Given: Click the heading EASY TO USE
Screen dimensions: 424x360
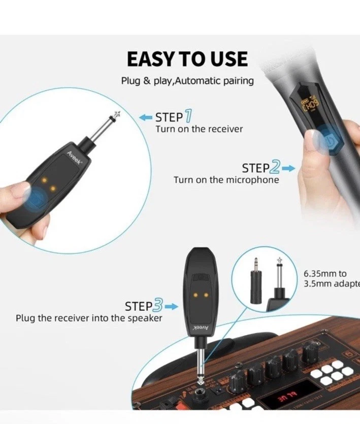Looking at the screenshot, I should [x=187, y=59].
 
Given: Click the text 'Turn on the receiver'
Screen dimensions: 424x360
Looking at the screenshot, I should [x=199, y=129].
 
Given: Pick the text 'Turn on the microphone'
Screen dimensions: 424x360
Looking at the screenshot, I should [x=226, y=180].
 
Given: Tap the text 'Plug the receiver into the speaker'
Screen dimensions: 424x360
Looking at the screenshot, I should [x=89, y=318].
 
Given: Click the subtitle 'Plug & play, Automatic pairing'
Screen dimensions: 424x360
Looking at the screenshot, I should [x=187, y=81].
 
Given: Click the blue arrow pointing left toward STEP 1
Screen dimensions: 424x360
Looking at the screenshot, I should [x=146, y=118].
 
